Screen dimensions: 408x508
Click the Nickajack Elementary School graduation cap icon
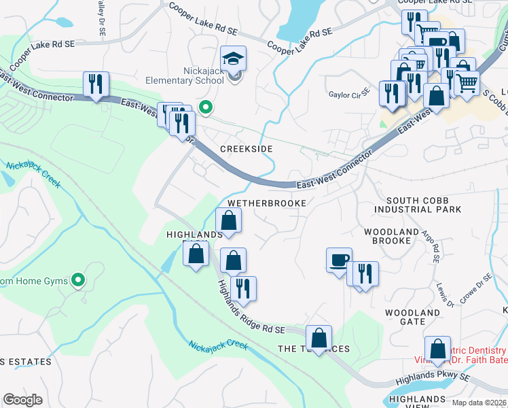pyautogui.click(x=233, y=60)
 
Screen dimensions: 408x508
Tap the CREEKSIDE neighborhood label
pyautogui.click(x=246, y=148)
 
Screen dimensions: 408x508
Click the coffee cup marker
pyautogui.click(x=339, y=260)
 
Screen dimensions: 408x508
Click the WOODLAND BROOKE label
pyautogui.click(x=391, y=237)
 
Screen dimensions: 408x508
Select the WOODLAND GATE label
pyautogui.click(x=412, y=317)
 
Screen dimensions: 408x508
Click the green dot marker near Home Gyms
pyautogui.click(x=79, y=279)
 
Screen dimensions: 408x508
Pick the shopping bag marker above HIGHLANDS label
pyautogui.click(x=229, y=220)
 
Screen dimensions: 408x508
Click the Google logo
pyautogui.click(x=22, y=400)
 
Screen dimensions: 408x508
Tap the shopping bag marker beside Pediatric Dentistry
pyautogui.click(x=438, y=349)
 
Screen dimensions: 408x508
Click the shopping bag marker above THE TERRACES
pyautogui.click(x=319, y=338)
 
